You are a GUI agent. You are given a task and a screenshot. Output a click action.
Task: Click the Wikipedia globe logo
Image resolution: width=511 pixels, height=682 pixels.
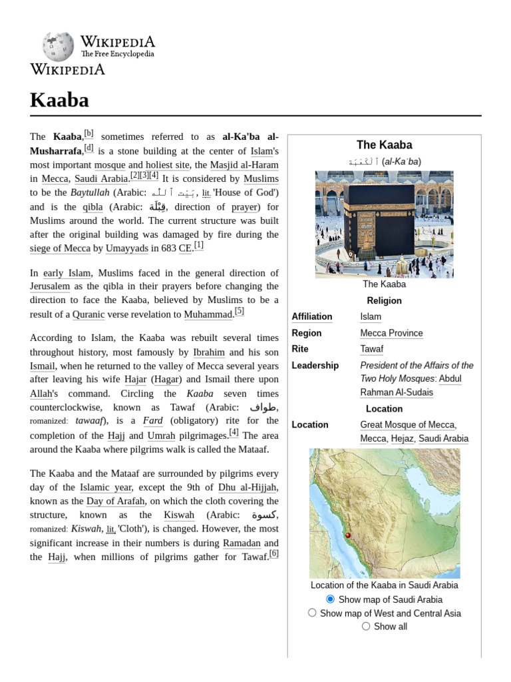pyautogui.click(x=59, y=47)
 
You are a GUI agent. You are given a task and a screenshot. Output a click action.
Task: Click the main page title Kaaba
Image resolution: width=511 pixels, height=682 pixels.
pyautogui.click(x=59, y=100)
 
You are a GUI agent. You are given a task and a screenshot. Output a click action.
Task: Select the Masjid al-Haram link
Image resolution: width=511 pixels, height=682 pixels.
pyautogui.click(x=244, y=165)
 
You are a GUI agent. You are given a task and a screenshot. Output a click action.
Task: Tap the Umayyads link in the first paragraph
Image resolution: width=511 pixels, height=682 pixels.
pyautogui.click(x=126, y=248)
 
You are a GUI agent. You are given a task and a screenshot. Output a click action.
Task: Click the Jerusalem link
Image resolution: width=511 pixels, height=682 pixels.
pyautogui.click(x=49, y=286)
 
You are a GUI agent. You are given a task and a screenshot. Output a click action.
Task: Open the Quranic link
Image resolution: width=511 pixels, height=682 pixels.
pyautogui.click(x=88, y=314)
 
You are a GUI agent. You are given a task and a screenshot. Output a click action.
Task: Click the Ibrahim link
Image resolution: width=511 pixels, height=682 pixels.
pyautogui.click(x=208, y=352)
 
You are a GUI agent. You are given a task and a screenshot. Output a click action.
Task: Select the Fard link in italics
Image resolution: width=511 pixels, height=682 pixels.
pyautogui.click(x=152, y=421)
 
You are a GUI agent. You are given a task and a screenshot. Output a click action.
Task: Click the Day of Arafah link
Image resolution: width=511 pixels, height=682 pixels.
pyautogui.click(x=114, y=501)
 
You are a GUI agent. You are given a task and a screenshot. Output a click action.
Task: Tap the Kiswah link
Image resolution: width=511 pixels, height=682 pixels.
pyautogui.click(x=178, y=515)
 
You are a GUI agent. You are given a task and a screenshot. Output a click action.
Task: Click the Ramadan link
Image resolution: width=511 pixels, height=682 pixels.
pyautogui.click(x=242, y=543)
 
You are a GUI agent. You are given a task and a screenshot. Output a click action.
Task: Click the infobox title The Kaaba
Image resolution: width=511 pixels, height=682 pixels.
pyautogui.click(x=384, y=145)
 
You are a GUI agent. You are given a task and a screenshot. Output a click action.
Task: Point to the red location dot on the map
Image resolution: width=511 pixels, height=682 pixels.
pyautogui.click(x=347, y=535)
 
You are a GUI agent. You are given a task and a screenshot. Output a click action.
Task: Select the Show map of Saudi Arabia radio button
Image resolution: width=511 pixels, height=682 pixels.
pyautogui.click(x=330, y=599)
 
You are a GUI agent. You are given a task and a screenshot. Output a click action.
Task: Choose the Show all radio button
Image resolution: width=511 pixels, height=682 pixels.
pyautogui.click(x=366, y=626)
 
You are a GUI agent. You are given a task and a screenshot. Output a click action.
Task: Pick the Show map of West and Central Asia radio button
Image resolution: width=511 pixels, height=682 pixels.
pyautogui.click(x=312, y=613)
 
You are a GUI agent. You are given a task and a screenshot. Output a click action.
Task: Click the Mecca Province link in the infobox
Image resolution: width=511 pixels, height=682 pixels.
pyautogui.click(x=391, y=333)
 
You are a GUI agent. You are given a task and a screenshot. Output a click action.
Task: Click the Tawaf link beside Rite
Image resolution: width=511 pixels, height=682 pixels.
pyautogui.click(x=371, y=349)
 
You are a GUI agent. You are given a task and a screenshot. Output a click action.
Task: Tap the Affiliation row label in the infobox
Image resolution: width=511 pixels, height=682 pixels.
pyautogui.click(x=312, y=316)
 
